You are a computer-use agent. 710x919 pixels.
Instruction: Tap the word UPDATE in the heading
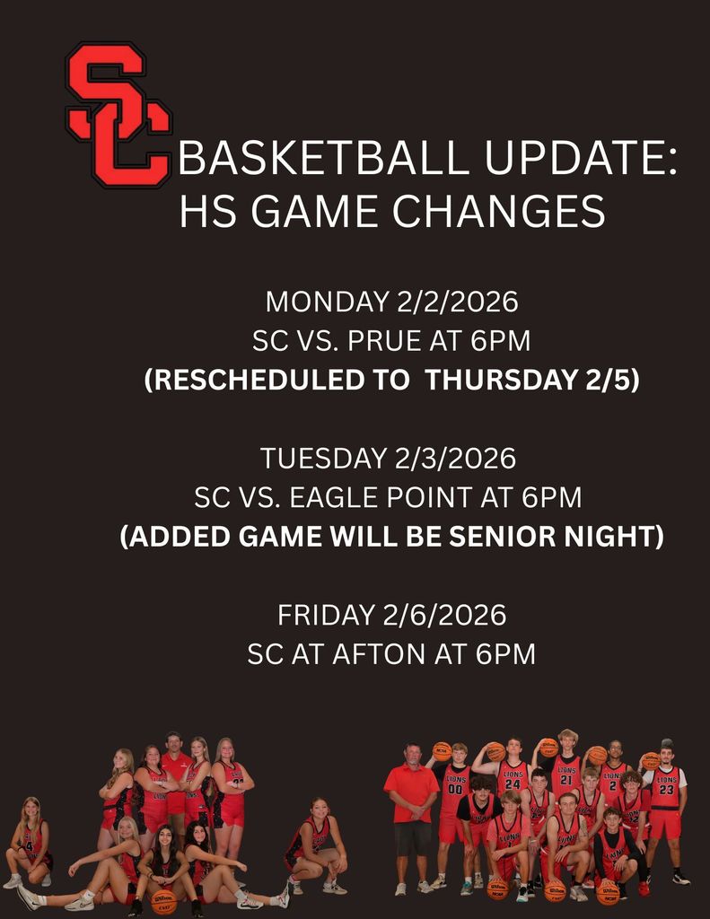(581, 157)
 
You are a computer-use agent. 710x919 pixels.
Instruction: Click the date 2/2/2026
(457, 302)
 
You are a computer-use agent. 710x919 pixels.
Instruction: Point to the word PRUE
(384, 341)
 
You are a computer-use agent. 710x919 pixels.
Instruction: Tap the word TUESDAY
(324, 459)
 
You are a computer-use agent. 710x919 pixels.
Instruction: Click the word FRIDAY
(327, 616)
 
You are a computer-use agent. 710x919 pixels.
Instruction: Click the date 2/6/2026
(445, 616)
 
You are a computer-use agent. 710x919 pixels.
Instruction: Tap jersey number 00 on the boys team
(456, 790)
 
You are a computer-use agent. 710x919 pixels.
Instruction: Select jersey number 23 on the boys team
(666, 790)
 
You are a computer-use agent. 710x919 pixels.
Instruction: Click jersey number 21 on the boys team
(565, 780)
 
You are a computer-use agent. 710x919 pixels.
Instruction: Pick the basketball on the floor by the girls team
(163, 902)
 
